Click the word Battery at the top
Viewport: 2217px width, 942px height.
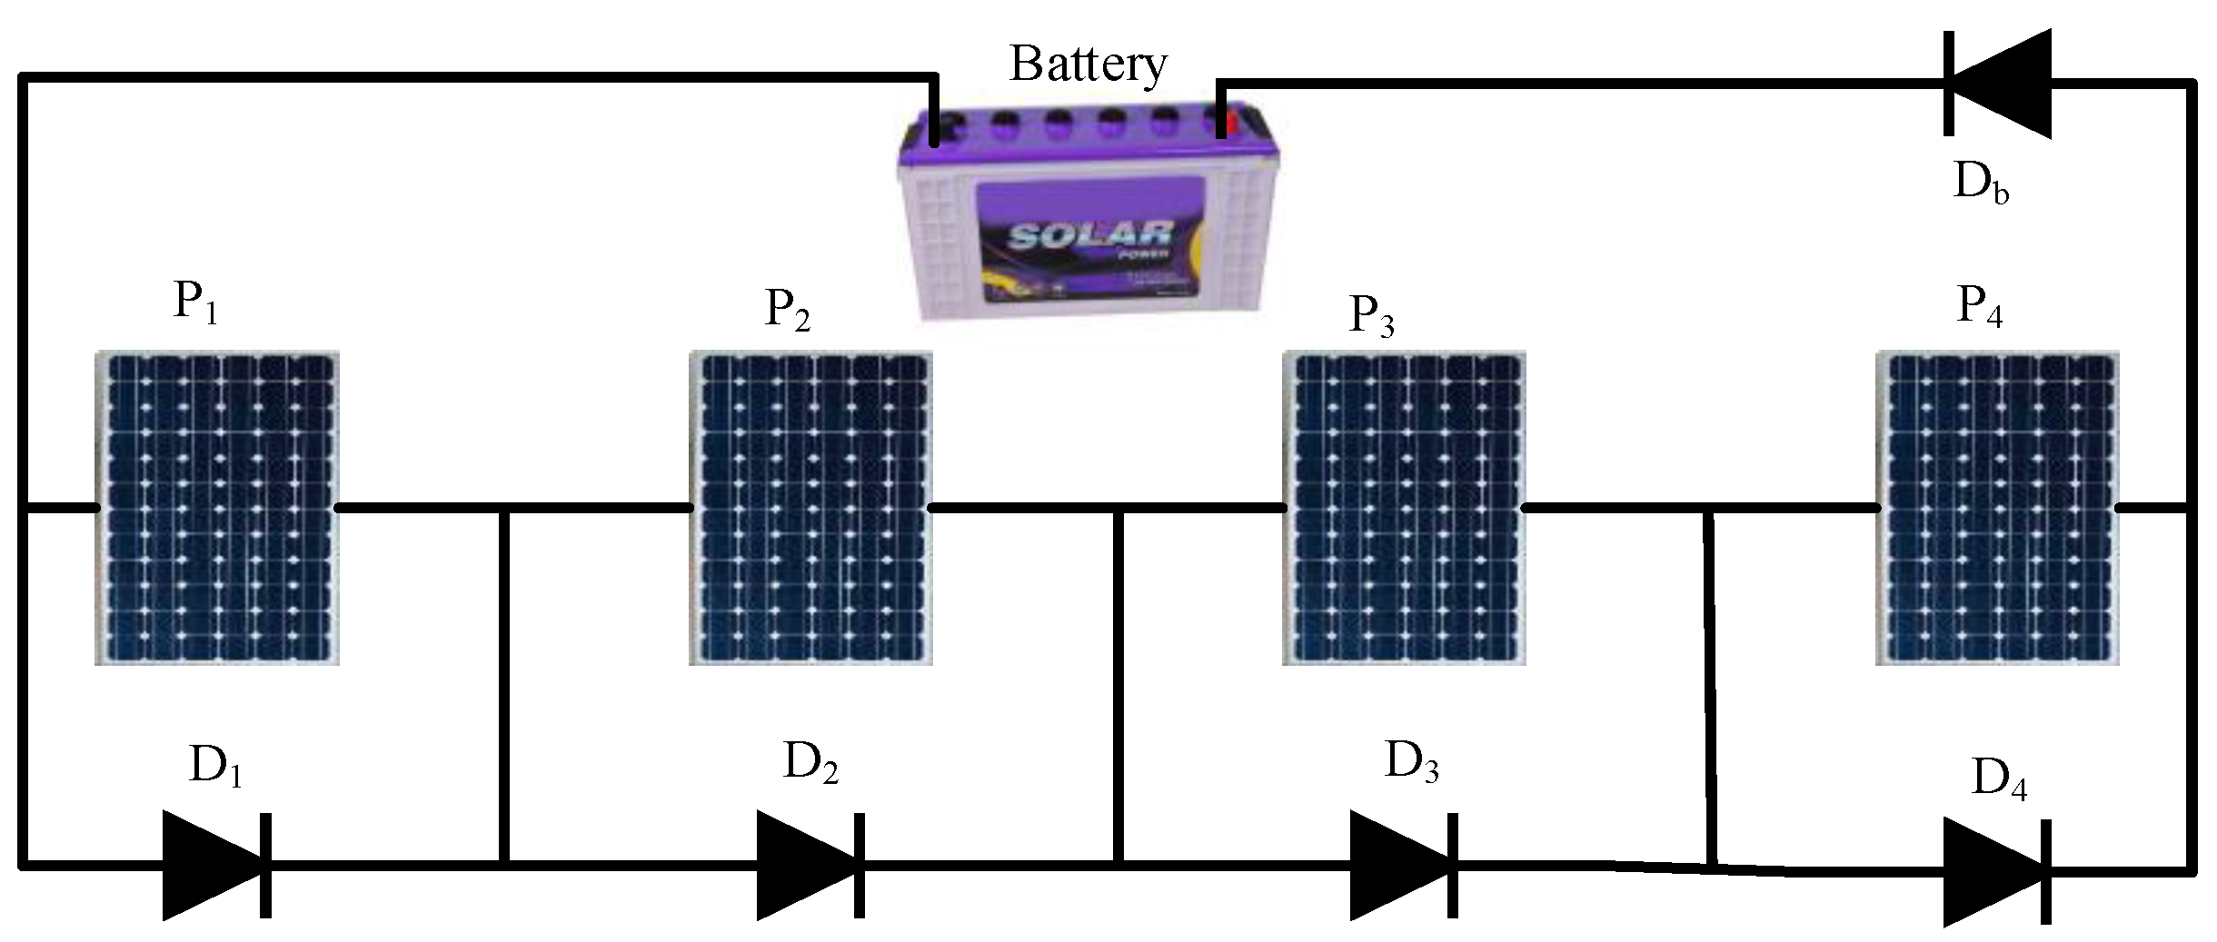coord(1088,64)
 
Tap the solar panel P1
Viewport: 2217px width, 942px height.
coord(217,508)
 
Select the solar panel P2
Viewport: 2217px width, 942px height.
coord(810,508)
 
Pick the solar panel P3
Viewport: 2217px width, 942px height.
coord(1404,508)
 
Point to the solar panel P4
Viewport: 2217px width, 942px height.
coord(1998,508)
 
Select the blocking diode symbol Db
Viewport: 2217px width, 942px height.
coord(1996,83)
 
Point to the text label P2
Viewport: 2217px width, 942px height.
coord(788,310)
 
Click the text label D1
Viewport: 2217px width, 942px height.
coord(215,768)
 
